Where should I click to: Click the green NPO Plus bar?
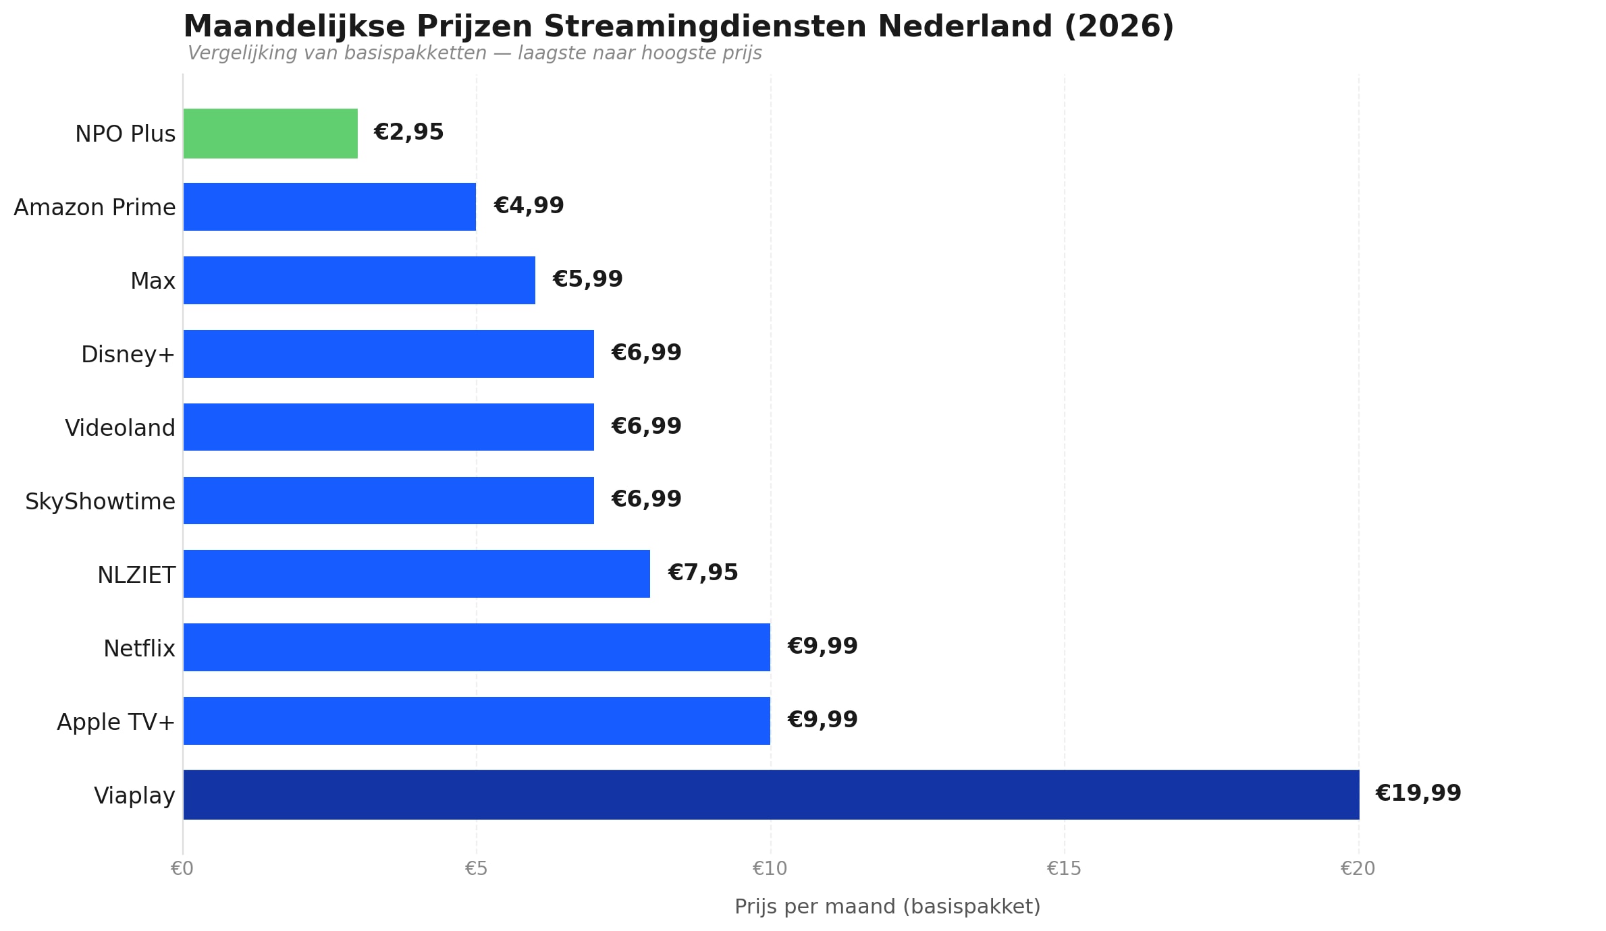[270, 134]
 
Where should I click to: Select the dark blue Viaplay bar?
[771, 795]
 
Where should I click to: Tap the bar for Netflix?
[477, 647]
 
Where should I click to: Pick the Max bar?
[359, 280]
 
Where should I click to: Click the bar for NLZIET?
[417, 573]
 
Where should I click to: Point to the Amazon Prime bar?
[329, 206]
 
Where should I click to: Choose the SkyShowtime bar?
[388, 501]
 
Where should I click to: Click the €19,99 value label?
[1418, 793]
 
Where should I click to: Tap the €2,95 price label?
[408, 132]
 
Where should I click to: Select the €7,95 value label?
[703, 573]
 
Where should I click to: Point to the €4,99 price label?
[529, 206]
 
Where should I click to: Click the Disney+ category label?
[128, 354]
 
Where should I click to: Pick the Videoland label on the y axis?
[120, 428]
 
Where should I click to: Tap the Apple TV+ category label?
[116, 722]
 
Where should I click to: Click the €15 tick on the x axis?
[1064, 869]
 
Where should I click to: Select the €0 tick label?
[182, 869]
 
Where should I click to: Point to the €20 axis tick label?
[1358, 869]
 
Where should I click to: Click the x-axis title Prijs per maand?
[887, 907]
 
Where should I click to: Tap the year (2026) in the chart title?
[1119, 27]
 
